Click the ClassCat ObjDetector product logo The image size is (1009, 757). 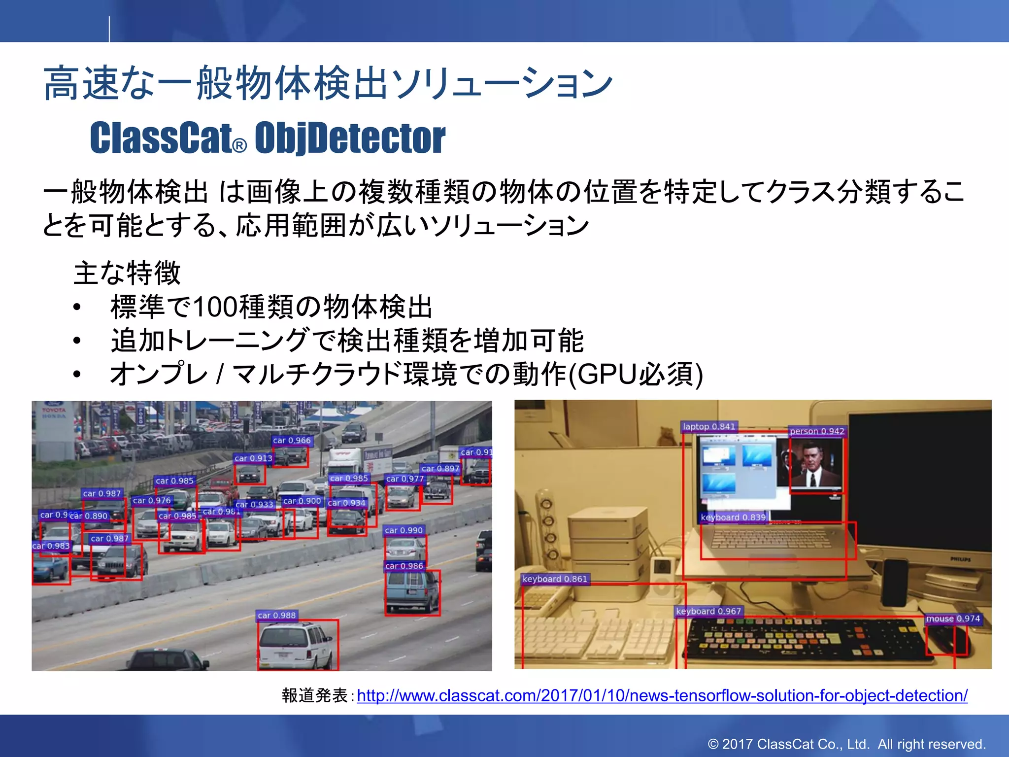pos(268,138)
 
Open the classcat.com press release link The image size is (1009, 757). pos(662,695)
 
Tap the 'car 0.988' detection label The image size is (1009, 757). pos(276,615)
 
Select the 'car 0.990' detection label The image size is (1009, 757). pos(404,530)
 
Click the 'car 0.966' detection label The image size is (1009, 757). pos(292,440)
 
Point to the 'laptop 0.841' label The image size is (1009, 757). pos(709,427)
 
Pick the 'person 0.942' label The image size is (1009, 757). pos(817,431)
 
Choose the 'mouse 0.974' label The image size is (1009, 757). pos(953,619)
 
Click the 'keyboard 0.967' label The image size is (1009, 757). pos(708,611)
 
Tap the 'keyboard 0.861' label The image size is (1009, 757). pos(555,579)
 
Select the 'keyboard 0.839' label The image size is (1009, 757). pos(733,517)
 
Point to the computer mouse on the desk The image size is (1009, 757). pos(946,641)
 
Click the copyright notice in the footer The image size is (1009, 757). pos(846,744)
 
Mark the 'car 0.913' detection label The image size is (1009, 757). pos(253,458)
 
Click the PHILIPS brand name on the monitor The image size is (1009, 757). pos(960,559)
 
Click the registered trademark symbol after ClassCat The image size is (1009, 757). pos(239,146)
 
